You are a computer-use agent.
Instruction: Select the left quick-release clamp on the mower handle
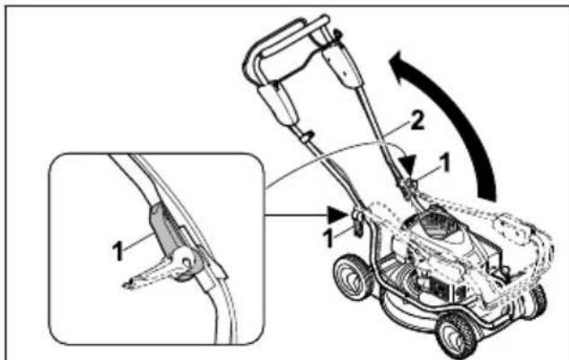pos(357,218)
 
